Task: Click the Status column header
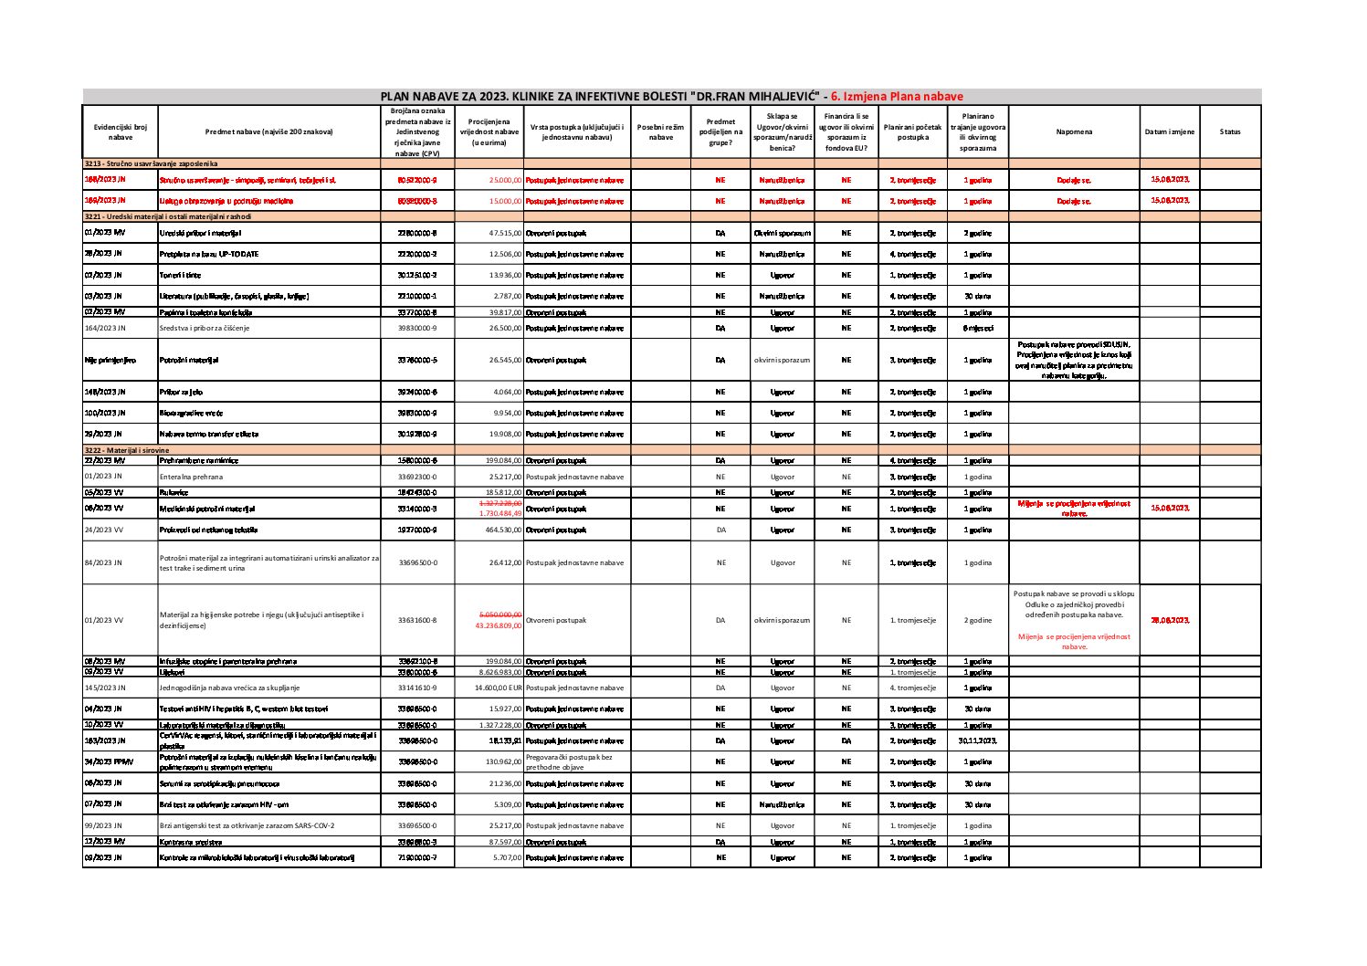[1229, 131]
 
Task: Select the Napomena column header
[1073, 131]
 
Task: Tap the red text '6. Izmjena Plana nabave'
[897, 96]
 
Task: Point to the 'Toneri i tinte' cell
[181, 275]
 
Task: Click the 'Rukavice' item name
[174, 492]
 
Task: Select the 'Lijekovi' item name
[173, 671]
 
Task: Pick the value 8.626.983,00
[499, 671]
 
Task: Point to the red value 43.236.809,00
[499, 625]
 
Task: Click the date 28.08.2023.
[1169, 620]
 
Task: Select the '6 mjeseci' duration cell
[978, 328]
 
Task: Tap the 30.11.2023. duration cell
[978, 741]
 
